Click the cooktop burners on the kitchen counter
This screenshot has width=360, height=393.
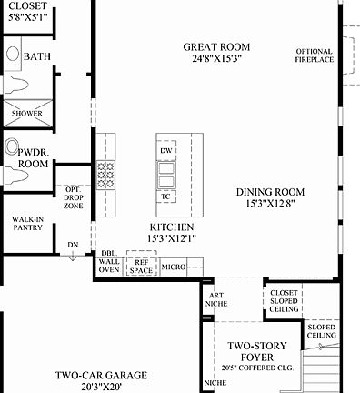tap(105, 172)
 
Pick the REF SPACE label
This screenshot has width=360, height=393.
tap(142, 267)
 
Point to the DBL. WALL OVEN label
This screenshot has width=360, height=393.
tap(108, 262)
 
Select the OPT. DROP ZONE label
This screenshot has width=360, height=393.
tap(73, 196)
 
